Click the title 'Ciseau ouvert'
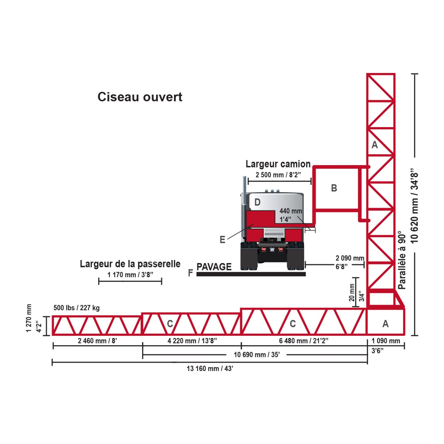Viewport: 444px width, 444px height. click(x=140, y=97)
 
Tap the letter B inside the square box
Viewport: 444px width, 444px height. click(x=334, y=188)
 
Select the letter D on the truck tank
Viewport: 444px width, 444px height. click(x=257, y=202)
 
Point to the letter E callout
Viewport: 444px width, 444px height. click(x=222, y=240)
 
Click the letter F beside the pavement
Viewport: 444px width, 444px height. click(x=190, y=272)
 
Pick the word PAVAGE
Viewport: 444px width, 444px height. click(x=214, y=267)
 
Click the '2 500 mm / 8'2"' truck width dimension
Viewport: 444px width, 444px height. click(x=278, y=175)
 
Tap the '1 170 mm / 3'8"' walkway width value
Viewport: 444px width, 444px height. click(x=130, y=275)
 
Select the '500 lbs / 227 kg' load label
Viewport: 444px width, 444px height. click(x=77, y=307)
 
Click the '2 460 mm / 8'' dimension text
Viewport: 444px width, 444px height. click(x=97, y=341)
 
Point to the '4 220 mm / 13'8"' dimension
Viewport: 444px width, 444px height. click(x=192, y=341)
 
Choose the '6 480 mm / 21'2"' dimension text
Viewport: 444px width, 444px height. click(x=304, y=341)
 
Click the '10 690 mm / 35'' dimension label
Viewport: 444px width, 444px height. click(x=257, y=355)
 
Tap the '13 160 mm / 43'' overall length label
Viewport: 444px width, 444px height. click(x=210, y=369)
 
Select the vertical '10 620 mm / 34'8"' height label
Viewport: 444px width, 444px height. click(x=414, y=205)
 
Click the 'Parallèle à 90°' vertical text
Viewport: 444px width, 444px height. click(x=402, y=260)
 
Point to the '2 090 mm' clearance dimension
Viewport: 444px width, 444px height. click(x=350, y=258)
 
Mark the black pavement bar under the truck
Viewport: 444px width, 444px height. click(x=251, y=274)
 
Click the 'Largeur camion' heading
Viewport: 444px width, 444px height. click(x=278, y=164)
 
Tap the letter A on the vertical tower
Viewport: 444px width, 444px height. click(x=375, y=145)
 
